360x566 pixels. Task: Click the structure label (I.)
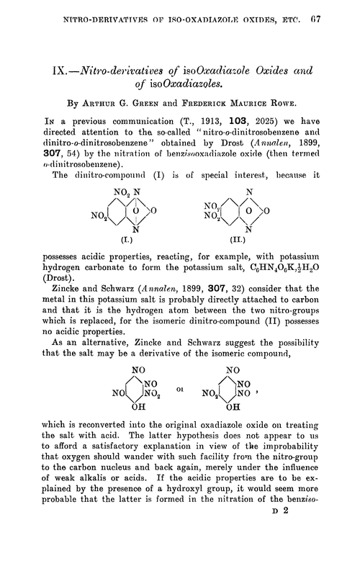point(133,258)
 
